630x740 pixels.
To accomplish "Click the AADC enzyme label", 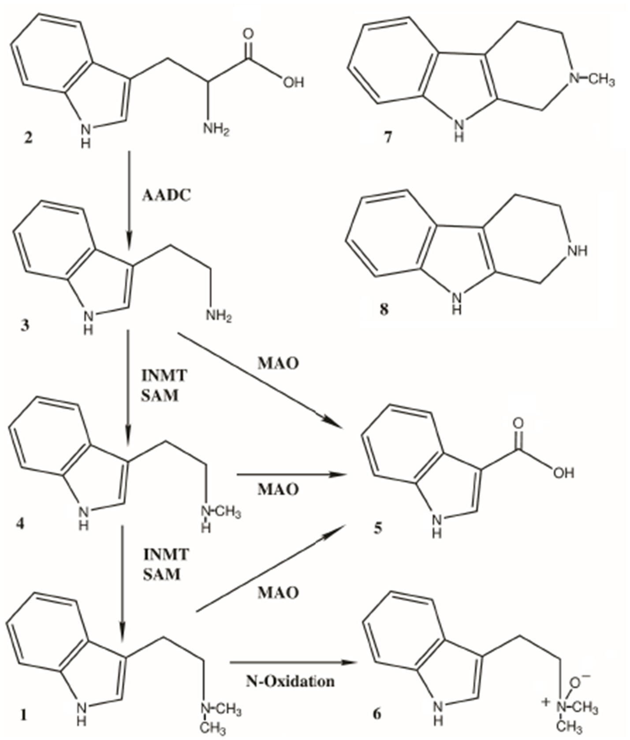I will (x=166, y=195).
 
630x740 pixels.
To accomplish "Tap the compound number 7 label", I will (x=388, y=138).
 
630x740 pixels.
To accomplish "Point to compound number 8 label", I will (x=384, y=309).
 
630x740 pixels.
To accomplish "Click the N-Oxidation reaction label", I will (x=290, y=681).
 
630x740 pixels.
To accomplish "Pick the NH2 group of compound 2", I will (x=216, y=130).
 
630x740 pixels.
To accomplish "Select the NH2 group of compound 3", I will (x=218, y=316).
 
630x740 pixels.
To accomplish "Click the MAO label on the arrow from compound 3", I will (x=278, y=363).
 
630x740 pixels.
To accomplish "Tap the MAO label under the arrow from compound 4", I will (x=278, y=489).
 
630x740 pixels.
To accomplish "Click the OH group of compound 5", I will (x=563, y=473).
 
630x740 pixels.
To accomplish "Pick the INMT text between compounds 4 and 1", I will (x=166, y=554).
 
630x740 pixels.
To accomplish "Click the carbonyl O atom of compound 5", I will (x=518, y=423).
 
